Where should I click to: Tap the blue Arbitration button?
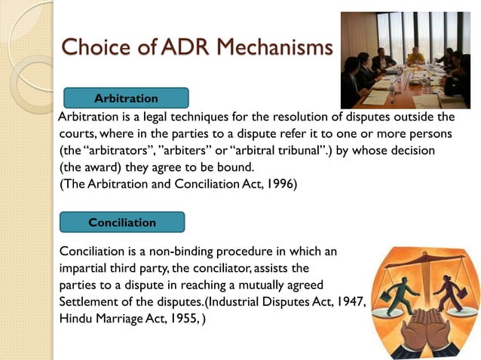tap(126, 99)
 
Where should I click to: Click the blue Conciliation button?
tap(122, 223)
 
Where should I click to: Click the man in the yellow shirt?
tap(414, 56)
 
